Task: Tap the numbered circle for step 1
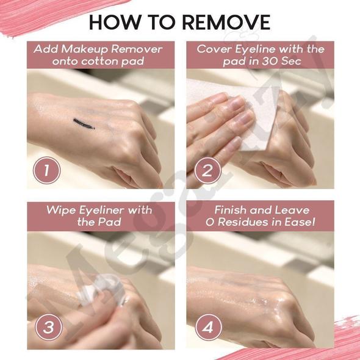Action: click(x=46, y=170)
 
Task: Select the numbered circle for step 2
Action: click(x=207, y=171)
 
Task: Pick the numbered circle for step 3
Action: click(x=48, y=327)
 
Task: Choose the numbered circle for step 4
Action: click(x=209, y=328)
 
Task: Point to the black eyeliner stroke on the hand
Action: click(x=84, y=124)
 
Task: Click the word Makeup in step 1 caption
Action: click(x=85, y=49)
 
